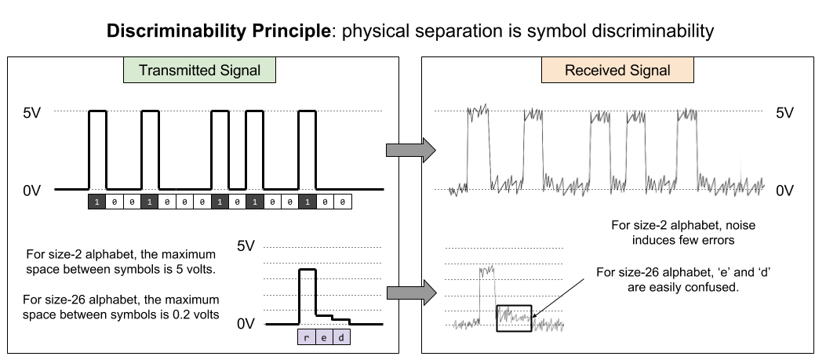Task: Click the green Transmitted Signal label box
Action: coord(199,70)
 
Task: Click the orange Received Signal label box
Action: coord(617,70)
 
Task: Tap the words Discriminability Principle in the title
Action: coord(217,32)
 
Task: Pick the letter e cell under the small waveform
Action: coord(323,336)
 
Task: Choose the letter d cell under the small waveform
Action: coord(340,336)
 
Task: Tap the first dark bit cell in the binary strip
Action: coord(96,202)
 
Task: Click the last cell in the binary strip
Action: coord(344,202)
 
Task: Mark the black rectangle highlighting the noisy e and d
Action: coord(514,318)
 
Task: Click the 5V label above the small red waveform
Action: coord(246,245)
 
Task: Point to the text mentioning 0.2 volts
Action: coord(121,307)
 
